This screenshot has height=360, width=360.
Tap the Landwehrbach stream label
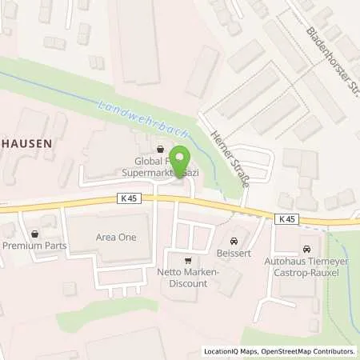coord(130,116)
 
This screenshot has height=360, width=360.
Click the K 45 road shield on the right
coord(288,218)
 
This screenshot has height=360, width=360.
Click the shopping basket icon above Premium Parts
coord(34,235)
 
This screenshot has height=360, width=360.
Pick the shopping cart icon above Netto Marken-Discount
coord(188,260)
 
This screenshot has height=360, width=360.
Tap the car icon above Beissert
coord(233,240)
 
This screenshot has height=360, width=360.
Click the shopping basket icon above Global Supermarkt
coord(161,148)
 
